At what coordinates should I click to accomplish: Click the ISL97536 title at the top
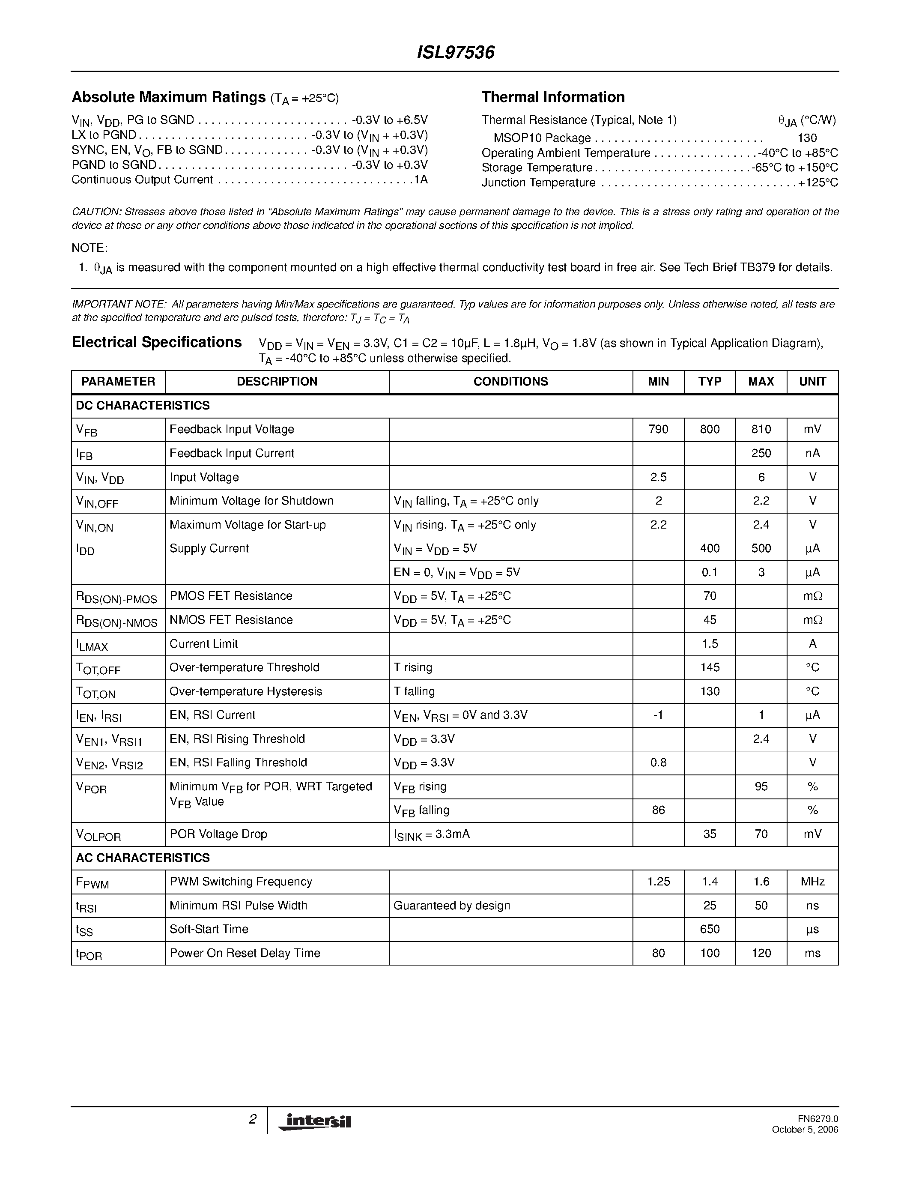tap(456, 53)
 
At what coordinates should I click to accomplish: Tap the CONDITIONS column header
tap(510, 382)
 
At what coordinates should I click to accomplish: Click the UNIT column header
tap(812, 382)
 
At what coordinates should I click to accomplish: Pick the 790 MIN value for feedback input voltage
tap(658, 429)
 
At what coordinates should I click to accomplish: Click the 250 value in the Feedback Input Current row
tap(761, 453)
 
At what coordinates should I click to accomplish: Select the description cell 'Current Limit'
tap(203, 643)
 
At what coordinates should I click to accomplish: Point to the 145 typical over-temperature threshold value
tap(710, 667)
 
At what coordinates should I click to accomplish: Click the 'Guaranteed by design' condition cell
tap(451, 906)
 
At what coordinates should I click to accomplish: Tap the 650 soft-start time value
tap(710, 930)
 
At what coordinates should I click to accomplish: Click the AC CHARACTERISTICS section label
tap(143, 858)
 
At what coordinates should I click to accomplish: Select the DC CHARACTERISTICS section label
tap(143, 406)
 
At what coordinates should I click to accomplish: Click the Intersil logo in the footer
tap(314, 1121)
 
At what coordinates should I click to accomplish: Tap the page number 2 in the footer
tap(252, 1120)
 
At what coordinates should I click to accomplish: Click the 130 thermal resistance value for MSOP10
tap(807, 138)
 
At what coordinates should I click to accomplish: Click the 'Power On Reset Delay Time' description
tap(245, 953)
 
